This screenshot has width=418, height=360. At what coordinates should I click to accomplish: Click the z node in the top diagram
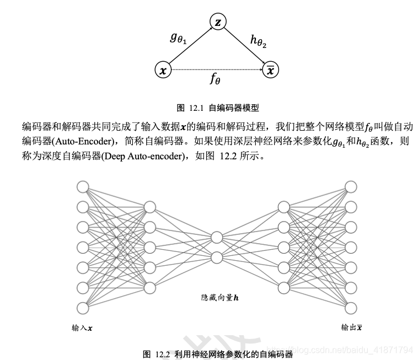[x=218, y=23]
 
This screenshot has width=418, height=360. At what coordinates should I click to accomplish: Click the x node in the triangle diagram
[x=163, y=70]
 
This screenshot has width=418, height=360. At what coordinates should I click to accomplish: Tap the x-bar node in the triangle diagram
[x=270, y=70]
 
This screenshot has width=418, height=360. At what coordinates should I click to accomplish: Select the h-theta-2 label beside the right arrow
[x=258, y=40]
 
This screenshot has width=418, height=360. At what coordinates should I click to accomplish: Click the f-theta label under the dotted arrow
[x=215, y=79]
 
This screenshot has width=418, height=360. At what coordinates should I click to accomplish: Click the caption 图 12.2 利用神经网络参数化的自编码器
[x=217, y=353]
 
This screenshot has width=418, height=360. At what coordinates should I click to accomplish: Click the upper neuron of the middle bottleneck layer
[x=217, y=237]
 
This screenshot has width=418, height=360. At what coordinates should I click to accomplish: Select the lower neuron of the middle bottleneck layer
[x=217, y=257]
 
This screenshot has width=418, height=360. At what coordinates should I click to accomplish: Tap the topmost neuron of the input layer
[x=83, y=186]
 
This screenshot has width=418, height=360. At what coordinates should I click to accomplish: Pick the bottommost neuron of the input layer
[x=83, y=308]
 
